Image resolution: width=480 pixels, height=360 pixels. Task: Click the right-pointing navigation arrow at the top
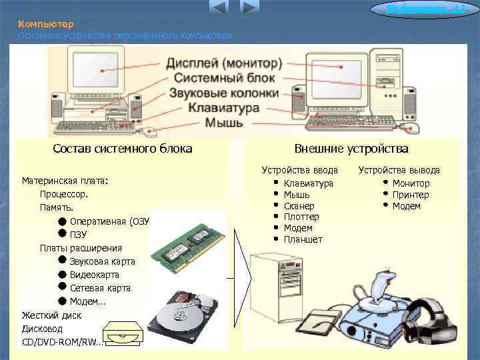pos(249,8)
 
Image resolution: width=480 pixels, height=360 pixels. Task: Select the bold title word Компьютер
pos(41,23)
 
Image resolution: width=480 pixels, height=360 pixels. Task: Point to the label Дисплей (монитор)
pos(224,63)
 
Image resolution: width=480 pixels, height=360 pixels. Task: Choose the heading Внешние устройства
pos(351,149)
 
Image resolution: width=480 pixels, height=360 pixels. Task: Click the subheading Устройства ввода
pos(299,171)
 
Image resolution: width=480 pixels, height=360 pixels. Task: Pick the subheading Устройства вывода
pos(399,171)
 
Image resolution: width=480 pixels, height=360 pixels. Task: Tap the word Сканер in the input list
pos(299,206)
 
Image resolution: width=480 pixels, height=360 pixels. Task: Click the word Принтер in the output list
pos(411,195)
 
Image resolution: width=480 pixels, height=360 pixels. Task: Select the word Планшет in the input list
pos(303,239)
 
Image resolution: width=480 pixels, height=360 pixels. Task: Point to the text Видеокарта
pos(95,275)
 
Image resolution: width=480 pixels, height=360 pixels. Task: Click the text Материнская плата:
pos(65,181)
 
